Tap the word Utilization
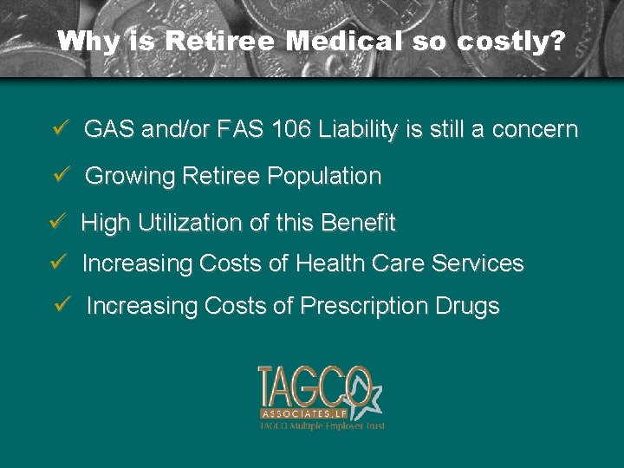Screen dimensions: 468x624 point(186,223)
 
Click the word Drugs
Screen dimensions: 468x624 point(469,306)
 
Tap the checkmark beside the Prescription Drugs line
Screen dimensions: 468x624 point(61,305)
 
